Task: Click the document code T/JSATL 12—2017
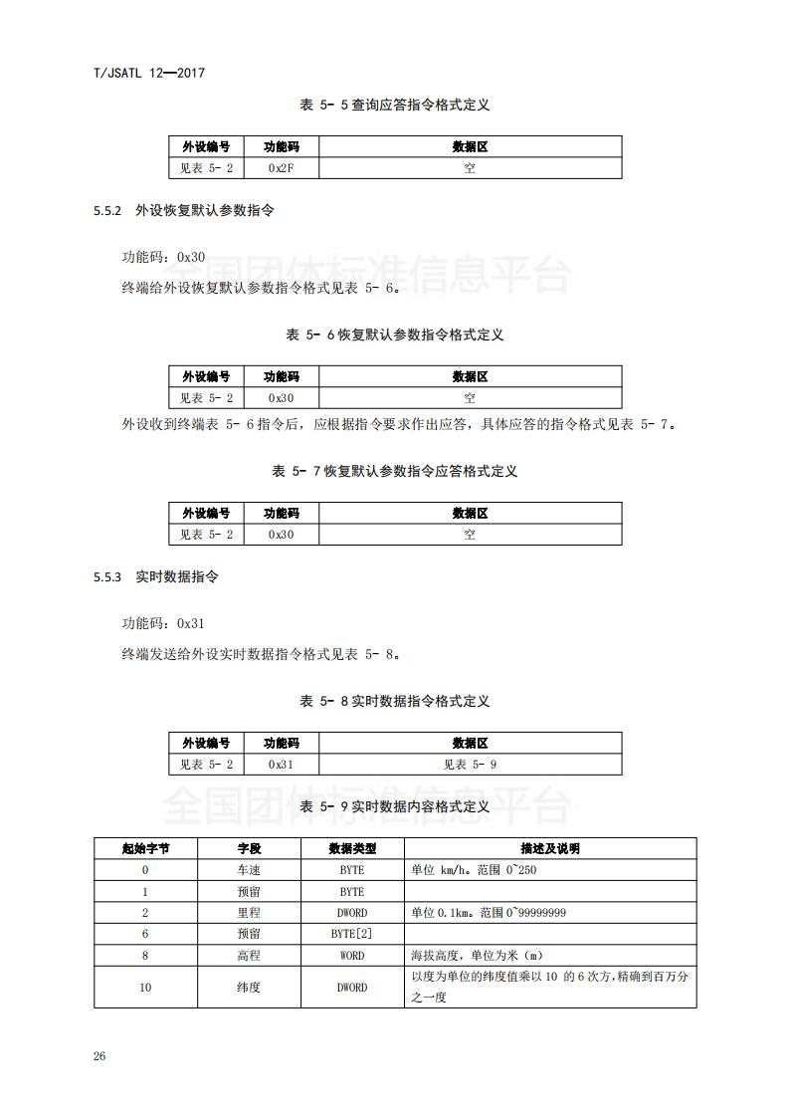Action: pos(147,73)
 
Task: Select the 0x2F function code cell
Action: pos(281,168)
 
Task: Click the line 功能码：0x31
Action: pos(163,624)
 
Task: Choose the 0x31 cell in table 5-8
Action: pos(281,765)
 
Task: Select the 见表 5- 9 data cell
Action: pos(470,765)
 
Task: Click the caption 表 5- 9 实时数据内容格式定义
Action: pos(395,806)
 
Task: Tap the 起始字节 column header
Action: pos(145,849)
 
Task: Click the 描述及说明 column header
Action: pos(549,849)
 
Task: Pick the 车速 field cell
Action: pos(249,870)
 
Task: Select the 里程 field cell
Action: pos(249,913)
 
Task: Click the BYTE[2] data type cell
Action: pos(351,934)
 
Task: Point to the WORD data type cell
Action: pos(351,956)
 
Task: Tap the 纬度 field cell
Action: pos(249,988)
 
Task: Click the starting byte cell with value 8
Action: pos(145,956)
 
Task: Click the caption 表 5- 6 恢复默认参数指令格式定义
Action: pos(395,335)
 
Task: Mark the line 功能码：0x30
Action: pos(163,257)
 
